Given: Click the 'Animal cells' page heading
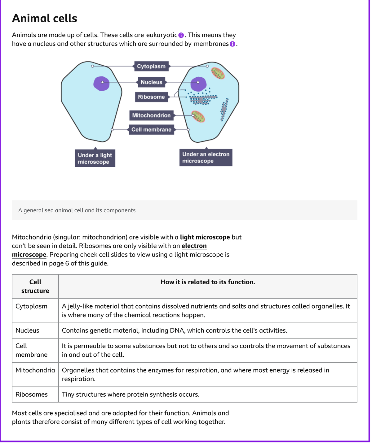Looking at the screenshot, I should (x=44, y=19).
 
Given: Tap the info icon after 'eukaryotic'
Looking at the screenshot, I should (x=181, y=35).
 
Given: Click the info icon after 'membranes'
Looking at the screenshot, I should (x=232, y=44).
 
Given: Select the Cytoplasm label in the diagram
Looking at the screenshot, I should (x=151, y=66).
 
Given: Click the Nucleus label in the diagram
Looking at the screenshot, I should (x=151, y=82).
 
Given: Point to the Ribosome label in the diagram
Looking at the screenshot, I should (x=151, y=97).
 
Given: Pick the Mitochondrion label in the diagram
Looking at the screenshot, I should (x=151, y=115).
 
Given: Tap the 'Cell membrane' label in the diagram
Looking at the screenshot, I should (x=151, y=130).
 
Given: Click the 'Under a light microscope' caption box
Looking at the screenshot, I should (x=95, y=158).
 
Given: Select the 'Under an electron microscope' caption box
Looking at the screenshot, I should (x=206, y=157).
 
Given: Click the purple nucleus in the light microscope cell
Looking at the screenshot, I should (x=101, y=83).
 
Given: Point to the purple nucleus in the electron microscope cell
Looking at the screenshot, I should (x=198, y=83).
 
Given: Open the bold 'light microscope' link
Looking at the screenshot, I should (x=205, y=237).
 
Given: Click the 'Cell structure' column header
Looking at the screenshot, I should (x=35, y=286).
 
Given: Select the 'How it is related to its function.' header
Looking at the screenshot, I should (x=208, y=282).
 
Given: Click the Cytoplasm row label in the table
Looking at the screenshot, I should (x=31, y=306).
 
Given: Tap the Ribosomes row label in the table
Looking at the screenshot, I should (x=32, y=394).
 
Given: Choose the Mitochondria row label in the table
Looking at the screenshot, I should (x=35, y=370).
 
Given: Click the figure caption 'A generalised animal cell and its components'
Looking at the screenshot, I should (x=77, y=210).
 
